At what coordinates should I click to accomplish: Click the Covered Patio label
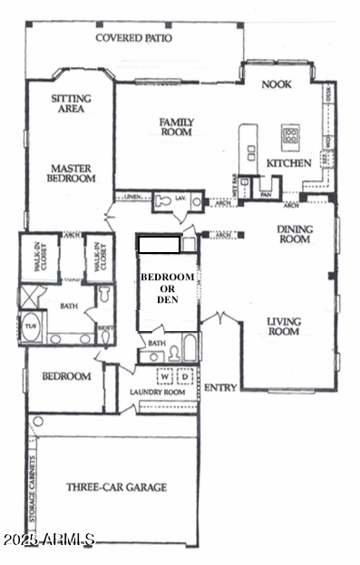pyautogui.click(x=134, y=39)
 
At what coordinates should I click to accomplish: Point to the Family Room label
pyautogui.click(x=178, y=127)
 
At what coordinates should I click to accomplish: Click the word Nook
pyautogui.click(x=276, y=84)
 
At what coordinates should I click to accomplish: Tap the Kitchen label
pyautogui.click(x=288, y=163)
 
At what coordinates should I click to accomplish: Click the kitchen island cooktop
pyautogui.click(x=291, y=136)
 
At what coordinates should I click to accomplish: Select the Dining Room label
pyautogui.click(x=296, y=234)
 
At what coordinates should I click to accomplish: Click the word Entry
pyautogui.click(x=220, y=387)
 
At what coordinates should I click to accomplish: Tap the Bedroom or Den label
pyautogui.click(x=167, y=287)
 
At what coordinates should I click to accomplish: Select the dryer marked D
pyautogui.click(x=185, y=376)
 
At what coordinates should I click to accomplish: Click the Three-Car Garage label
pyautogui.click(x=116, y=487)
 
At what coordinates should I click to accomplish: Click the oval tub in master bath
pyautogui.click(x=32, y=328)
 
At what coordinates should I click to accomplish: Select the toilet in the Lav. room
pyautogui.click(x=163, y=201)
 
